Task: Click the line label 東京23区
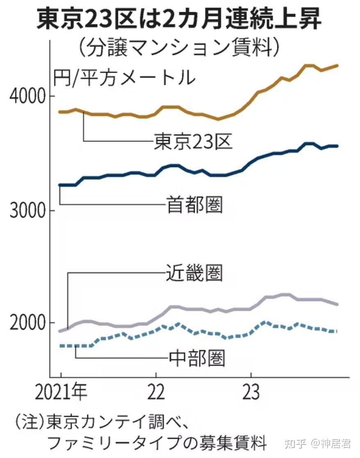(193, 142)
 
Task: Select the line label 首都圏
(194, 204)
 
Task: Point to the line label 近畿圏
(194, 273)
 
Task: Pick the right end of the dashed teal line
(337, 331)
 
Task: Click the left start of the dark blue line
(60, 185)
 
